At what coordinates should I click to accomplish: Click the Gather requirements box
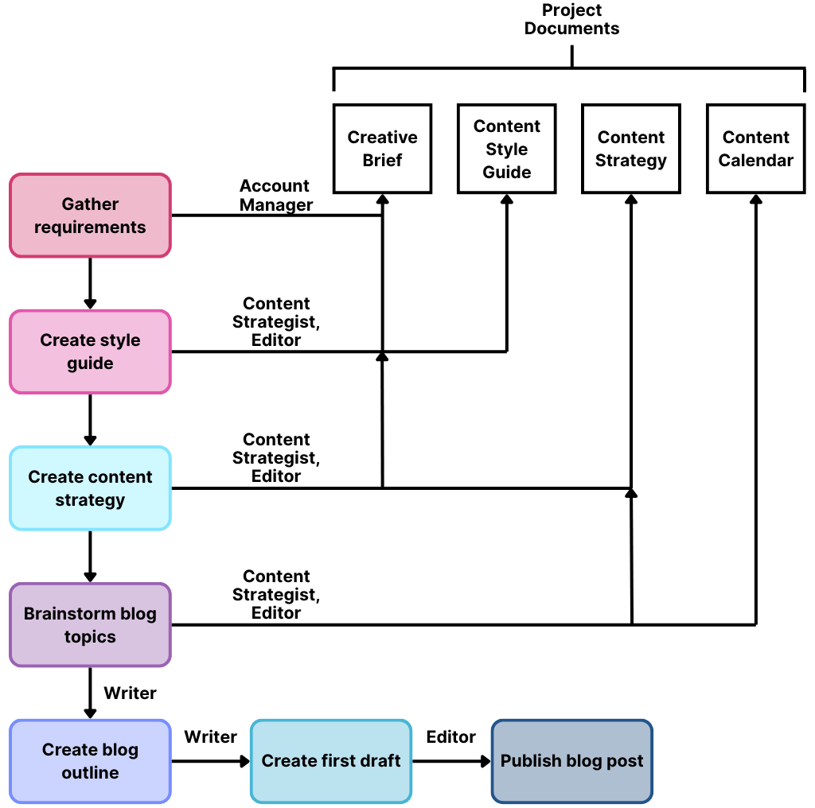tap(90, 216)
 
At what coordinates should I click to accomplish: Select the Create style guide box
tap(90, 352)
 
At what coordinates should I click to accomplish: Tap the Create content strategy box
tap(90, 488)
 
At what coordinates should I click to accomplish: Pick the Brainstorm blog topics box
tap(90, 625)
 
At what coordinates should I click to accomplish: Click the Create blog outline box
tap(90, 761)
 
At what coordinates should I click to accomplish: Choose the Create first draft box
tap(331, 761)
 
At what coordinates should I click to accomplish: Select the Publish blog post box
tap(571, 761)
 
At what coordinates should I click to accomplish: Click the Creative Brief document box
tap(382, 149)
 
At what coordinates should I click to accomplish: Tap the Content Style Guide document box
tap(507, 149)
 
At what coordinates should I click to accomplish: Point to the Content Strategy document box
tap(631, 149)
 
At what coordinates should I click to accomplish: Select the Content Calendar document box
tap(755, 149)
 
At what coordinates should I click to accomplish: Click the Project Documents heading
tap(571, 19)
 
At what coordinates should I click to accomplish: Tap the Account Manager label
tap(275, 195)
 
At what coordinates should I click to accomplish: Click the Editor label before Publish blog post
tap(450, 737)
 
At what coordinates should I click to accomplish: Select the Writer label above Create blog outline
tap(130, 693)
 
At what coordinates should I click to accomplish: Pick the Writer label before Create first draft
tap(210, 737)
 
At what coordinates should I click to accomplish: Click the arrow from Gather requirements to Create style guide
tap(90, 284)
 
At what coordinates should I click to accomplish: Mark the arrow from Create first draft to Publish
tap(451, 761)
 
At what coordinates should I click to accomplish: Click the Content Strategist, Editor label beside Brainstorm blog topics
tap(275, 594)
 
